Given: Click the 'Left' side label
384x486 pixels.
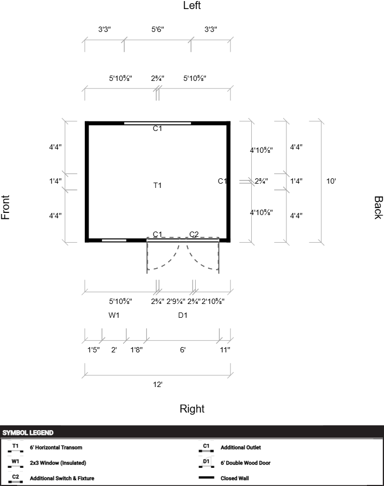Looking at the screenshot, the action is coord(192,5).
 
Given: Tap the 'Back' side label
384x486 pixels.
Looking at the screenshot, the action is coord(378,208).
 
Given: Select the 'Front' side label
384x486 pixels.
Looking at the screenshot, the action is coord(5,208).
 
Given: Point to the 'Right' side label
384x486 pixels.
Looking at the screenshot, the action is coord(192,408).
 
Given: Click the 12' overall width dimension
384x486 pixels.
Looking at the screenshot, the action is coord(158,384).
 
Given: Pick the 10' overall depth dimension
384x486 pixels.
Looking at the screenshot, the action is coord(331,181).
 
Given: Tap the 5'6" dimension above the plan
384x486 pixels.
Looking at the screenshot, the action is coord(158,29).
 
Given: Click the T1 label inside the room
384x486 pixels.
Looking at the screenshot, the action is coord(157,185).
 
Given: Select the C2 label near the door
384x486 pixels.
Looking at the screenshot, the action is coord(194,234).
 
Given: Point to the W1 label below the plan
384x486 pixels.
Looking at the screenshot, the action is coord(114,315).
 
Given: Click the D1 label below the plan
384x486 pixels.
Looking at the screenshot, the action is coord(183,315).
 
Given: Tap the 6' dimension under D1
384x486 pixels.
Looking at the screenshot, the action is coord(183,350).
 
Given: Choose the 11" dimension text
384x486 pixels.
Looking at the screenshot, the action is coord(225,350).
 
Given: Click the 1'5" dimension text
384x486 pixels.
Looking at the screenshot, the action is coord(93,350).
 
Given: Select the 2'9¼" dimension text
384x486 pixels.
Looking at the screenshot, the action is coord(175,301).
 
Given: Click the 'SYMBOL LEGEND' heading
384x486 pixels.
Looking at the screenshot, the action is coord(28,433).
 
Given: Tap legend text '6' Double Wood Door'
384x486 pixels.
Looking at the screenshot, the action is coord(245,463).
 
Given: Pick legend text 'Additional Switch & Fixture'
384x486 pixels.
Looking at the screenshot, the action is coord(62,478).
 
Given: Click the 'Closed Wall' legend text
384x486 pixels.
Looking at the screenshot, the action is coord(235,478).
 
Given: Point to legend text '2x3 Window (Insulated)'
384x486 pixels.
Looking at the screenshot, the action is coord(58,463).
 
